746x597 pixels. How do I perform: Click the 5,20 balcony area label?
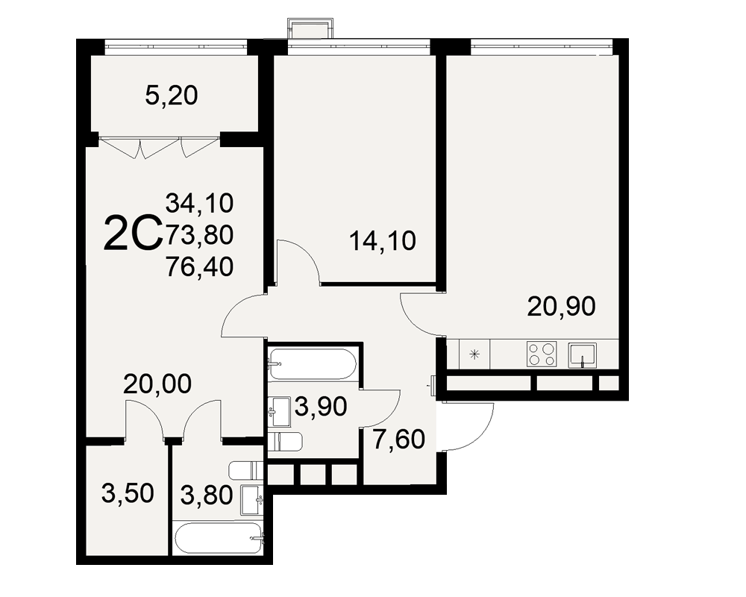point(172,96)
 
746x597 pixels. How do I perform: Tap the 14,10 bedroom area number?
point(383,240)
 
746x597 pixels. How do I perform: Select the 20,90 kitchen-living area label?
point(562,306)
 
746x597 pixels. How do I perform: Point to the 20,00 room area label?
point(157,384)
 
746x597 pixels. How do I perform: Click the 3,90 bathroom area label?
point(321,407)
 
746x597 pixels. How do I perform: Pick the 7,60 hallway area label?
point(398,439)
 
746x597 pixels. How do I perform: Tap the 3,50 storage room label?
point(128,493)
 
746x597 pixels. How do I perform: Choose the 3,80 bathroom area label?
point(207,495)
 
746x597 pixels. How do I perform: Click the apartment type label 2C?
point(133,234)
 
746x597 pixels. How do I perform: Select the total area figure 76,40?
point(199,266)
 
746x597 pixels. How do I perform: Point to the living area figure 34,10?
point(199,203)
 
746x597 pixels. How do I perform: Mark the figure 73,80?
point(199,235)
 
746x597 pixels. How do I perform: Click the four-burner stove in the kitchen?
point(542,354)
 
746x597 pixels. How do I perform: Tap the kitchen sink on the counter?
point(583,355)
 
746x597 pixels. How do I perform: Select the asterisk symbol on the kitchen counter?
point(474,354)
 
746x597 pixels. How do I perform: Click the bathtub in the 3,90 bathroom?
point(312,364)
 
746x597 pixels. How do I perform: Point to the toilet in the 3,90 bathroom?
point(284,443)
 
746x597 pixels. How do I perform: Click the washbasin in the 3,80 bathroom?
point(251,500)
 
